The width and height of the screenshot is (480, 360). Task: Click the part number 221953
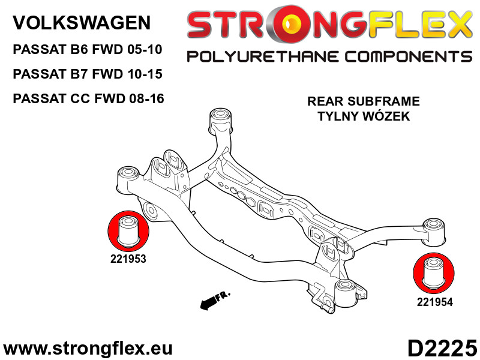128,259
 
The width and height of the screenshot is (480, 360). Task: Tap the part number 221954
434,302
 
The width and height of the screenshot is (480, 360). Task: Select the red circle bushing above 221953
128,232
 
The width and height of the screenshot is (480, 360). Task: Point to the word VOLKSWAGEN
82,22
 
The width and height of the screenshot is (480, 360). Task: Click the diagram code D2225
442,348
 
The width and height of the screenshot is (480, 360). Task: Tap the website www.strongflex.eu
88,349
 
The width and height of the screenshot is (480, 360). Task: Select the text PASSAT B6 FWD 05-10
87,49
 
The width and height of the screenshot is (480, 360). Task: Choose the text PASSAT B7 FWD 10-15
87,74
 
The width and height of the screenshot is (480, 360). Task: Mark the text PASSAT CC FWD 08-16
88,98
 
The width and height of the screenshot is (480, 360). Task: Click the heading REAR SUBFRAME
364,101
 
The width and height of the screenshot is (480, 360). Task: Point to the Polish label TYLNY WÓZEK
364,116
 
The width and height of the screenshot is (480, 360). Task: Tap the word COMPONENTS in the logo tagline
409,57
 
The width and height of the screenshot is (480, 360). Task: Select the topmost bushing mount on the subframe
220,121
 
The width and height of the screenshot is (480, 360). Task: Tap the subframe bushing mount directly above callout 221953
129,180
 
